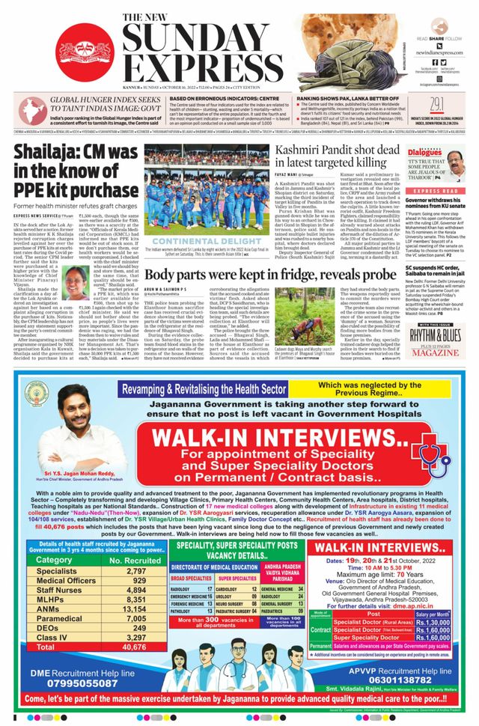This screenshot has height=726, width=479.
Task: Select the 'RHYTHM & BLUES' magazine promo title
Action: click(x=436, y=314)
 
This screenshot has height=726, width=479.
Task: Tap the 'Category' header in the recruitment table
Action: click(x=55, y=559)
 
